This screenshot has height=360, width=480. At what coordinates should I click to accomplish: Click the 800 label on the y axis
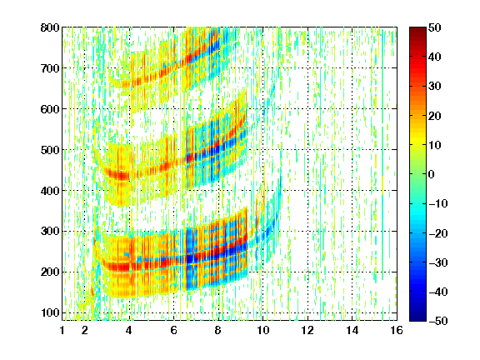click(50, 27)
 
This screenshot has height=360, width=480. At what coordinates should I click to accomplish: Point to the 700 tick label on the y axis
click(50, 68)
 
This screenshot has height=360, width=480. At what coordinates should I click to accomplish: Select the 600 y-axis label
click(50, 109)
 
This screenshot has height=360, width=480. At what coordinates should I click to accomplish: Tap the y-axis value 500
click(50, 150)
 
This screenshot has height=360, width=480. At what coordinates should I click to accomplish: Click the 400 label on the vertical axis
click(50, 191)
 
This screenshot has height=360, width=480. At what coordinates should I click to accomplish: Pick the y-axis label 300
click(50, 232)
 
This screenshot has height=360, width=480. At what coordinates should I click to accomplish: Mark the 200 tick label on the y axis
click(50, 272)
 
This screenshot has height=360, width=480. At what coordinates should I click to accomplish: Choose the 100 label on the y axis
click(50, 312)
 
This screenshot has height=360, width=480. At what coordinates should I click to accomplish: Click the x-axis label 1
click(62, 330)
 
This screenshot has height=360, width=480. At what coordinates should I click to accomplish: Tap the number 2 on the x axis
click(85, 330)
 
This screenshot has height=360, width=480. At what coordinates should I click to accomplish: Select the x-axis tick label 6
click(174, 330)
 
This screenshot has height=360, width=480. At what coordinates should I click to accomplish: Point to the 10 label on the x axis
click(262, 330)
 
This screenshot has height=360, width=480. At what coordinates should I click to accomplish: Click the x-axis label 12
click(307, 330)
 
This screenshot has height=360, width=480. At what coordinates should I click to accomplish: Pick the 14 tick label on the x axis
click(352, 330)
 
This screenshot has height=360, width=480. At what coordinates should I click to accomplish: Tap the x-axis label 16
click(397, 330)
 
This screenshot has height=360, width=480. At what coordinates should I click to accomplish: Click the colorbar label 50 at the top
click(434, 27)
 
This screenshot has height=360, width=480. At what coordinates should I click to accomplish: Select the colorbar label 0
click(432, 174)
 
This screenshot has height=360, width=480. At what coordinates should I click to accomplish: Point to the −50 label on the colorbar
click(438, 321)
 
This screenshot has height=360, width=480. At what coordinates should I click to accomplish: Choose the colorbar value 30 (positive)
click(434, 87)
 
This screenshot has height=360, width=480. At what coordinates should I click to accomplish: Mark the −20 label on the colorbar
click(438, 233)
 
